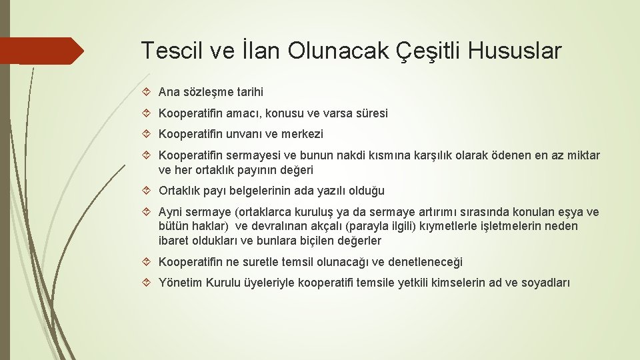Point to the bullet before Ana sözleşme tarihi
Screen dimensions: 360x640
tap(147, 93)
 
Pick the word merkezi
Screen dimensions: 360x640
tap(301, 134)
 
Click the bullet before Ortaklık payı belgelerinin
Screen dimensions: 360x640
tap(147, 191)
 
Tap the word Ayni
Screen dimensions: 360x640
tap(171, 213)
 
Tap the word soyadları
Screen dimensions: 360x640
tap(546, 283)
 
